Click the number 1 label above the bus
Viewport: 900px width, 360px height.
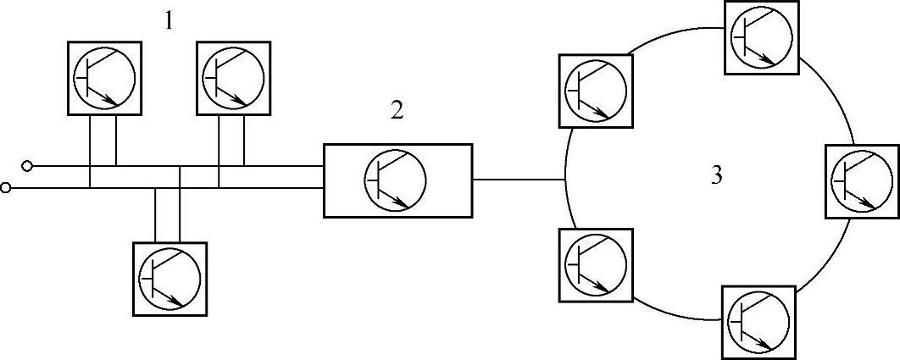(169, 20)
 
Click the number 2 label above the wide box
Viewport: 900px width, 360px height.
(397, 110)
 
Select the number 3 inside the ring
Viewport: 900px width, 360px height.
(716, 175)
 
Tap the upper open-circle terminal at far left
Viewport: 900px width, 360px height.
(28, 165)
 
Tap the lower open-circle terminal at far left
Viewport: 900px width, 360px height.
(7, 187)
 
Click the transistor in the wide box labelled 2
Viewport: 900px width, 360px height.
(396, 180)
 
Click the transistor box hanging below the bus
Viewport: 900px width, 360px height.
(169, 277)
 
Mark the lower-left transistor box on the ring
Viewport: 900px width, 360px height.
(595, 264)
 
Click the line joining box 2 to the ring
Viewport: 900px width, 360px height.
(519, 179)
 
